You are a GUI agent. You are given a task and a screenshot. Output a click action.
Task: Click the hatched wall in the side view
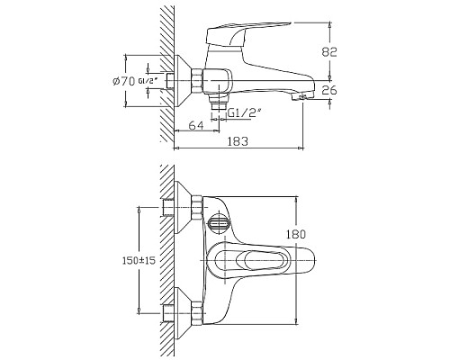[165, 72]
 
